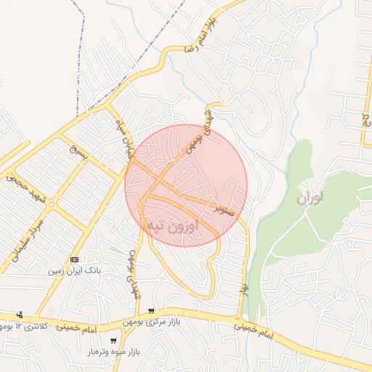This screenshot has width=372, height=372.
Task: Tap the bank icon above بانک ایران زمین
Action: (x=75, y=259)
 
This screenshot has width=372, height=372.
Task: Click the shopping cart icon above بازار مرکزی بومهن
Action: (x=151, y=311)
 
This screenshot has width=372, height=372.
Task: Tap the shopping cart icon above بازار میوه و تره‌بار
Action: (x=113, y=341)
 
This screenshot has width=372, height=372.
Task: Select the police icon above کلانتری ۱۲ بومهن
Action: (x=19, y=315)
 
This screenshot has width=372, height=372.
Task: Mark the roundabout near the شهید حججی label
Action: (x=51, y=204)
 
